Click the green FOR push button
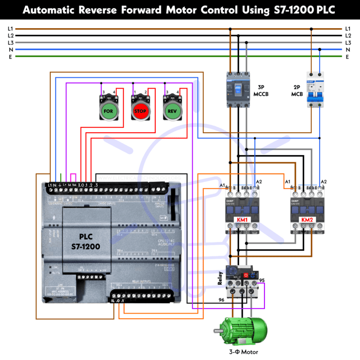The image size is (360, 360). coord(108,112)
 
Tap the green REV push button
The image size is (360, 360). coord(172,112)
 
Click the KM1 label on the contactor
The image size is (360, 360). coord(242,220)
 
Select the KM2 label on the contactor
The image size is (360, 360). coord(307,220)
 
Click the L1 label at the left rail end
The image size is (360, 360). coord(10,29)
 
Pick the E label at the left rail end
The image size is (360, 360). coord(10,57)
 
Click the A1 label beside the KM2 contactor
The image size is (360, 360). coord(287,181)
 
